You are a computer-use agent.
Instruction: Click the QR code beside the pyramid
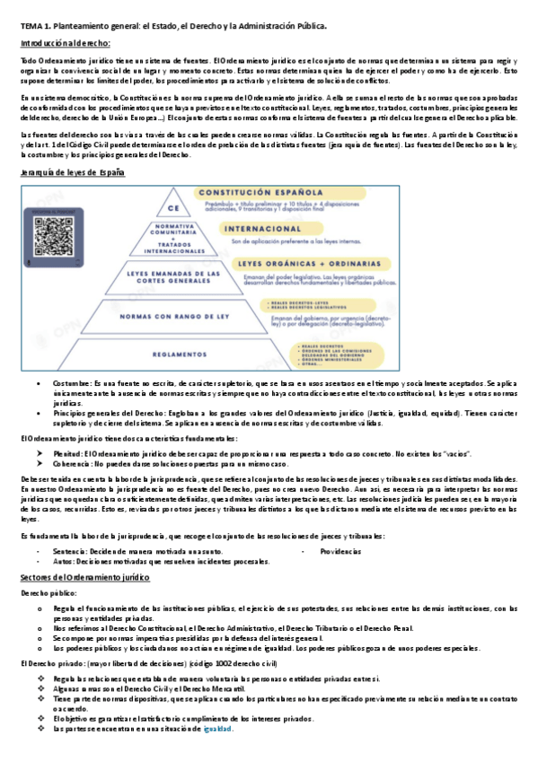pyautogui.click(x=53, y=237)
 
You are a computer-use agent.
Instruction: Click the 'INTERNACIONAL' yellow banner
pyautogui.click(x=253, y=228)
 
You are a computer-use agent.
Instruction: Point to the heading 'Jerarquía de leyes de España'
pyautogui.click(x=73, y=171)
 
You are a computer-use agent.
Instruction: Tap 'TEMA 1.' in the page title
pyautogui.click(x=37, y=26)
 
